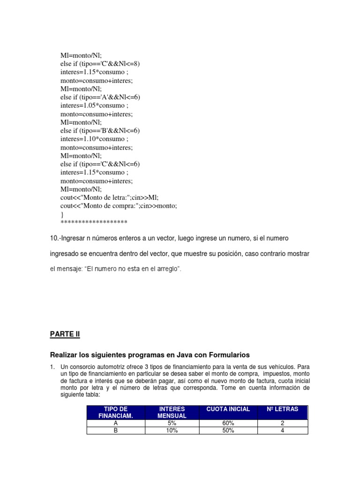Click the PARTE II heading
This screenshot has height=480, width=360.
click(65, 334)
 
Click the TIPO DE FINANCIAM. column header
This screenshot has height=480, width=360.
click(116, 412)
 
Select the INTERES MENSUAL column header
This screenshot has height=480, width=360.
click(172, 412)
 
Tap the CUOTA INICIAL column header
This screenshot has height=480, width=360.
click(228, 409)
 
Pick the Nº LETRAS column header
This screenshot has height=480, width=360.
click(282, 409)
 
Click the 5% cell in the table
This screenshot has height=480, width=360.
click(172, 423)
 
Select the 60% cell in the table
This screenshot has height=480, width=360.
click(228, 423)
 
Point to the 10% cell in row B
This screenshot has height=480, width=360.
click(172, 430)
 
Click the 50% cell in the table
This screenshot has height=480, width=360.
click(228, 430)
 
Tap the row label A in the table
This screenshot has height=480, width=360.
click(116, 423)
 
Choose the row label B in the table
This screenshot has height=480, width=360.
click(116, 430)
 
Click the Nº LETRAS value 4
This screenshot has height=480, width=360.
click(282, 430)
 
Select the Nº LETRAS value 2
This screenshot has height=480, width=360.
click(282, 423)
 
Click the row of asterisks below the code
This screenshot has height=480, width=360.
click(94, 222)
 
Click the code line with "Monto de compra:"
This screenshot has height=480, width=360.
click(119, 206)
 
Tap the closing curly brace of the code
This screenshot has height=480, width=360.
click(62, 214)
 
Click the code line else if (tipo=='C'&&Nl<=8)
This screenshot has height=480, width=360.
click(100, 64)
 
